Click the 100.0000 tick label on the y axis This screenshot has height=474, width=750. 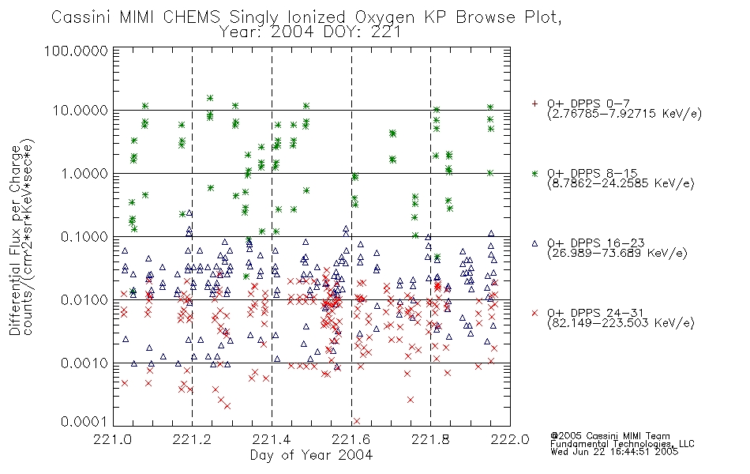(x=76, y=51)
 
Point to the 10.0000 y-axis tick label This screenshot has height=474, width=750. (x=81, y=111)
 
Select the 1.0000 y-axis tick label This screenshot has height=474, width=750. (x=84, y=173)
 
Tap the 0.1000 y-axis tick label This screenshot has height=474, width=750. (x=84, y=236)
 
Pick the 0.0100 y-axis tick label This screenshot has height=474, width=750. (x=84, y=300)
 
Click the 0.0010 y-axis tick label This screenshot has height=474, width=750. (x=84, y=363)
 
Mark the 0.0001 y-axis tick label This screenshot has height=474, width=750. (x=84, y=422)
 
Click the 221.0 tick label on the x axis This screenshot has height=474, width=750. (x=112, y=439)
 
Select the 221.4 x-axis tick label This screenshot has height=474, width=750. (x=272, y=439)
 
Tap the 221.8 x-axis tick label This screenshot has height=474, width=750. (x=430, y=439)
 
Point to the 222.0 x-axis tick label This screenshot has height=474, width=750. (x=510, y=439)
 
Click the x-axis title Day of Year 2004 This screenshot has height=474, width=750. (x=311, y=455)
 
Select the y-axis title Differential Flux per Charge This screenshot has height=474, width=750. (x=14, y=240)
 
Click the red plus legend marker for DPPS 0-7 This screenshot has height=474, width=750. (x=534, y=103)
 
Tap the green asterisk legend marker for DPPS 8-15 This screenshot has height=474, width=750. (x=534, y=173)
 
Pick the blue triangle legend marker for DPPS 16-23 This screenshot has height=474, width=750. (x=534, y=243)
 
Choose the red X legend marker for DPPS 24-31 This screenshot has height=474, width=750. (x=534, y=313)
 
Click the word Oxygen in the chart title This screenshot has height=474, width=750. (x=385, y=17)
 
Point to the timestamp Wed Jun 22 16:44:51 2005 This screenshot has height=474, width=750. (x=614, y=452)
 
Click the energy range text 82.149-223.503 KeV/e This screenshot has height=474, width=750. (x=621, y=323)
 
